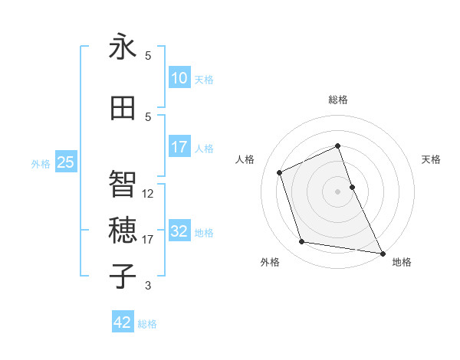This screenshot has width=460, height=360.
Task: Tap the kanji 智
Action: [123, 184]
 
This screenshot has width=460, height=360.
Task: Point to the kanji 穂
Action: [123, 230]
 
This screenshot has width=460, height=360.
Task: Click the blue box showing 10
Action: [179, 78]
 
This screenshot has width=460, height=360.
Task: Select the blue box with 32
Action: [179, 232]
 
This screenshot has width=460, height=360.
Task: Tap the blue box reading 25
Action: [65, 162]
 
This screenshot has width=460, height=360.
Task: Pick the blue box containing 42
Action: [123, 322]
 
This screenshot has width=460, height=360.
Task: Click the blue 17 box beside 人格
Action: [179, 147]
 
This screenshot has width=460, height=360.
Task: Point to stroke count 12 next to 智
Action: [148, 194]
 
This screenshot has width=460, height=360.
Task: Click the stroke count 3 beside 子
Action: [148, 286]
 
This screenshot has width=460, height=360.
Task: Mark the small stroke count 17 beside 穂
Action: [148, 240]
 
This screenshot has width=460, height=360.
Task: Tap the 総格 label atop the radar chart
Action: [338, 100]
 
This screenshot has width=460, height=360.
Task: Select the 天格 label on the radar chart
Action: [432, 159]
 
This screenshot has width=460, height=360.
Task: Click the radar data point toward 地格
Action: [382, 252]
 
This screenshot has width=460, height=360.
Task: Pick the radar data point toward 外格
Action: [302, 242]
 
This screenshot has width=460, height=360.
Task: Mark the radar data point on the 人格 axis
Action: [280, 172]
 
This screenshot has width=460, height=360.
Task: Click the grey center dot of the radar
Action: [338, 191]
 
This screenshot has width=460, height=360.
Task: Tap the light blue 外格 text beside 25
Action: [41, 163]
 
